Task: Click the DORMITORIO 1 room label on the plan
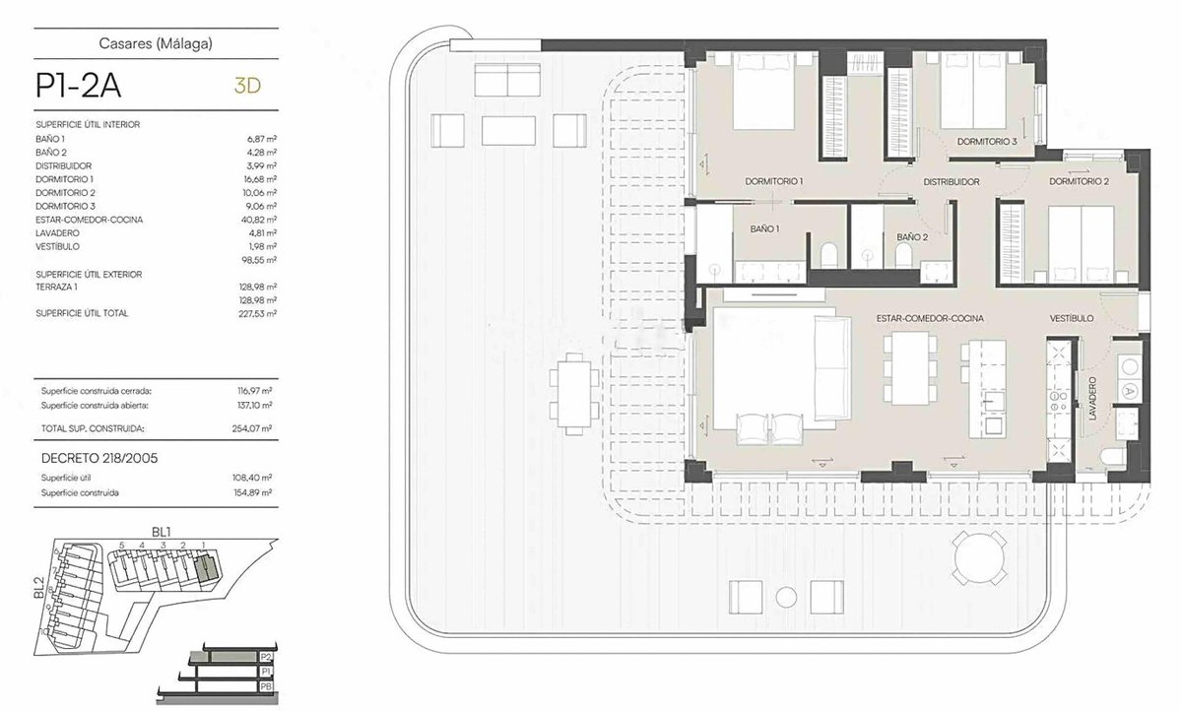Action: click(x=773, y=181)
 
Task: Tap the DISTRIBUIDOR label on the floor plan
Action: click(x=951, y=181)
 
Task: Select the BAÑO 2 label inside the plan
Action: click(x=912, y=237)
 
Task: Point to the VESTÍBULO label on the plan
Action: click(x=1072, y=318)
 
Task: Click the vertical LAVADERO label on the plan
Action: click(x=1092, y=398)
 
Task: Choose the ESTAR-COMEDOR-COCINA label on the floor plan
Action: click(x=930, y=318)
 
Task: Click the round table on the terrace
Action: click(x=979, y=557)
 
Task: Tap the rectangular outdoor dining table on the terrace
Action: click(x=574, y=394)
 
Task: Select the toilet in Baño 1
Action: click(x=829, y=255)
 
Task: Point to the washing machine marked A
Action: click(x=1129, y=391)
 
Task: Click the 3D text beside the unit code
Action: click(x=247, y=86)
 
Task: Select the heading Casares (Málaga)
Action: click(x=156, y=43)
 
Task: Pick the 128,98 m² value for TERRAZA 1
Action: click(x=257, y=287)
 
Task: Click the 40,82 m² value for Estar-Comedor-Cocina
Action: click(x=258, y=220)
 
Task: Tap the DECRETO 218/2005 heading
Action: click(x=99, y=458)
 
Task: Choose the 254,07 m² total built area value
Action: click(x=252, y=428)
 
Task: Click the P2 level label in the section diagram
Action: click(x=266, y=657)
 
